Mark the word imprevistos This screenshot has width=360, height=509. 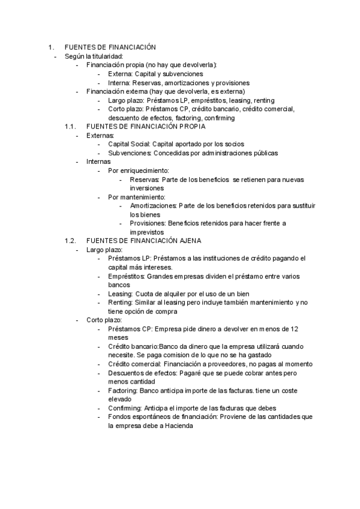pos(146,232)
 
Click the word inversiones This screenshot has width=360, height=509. pos(146,188)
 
